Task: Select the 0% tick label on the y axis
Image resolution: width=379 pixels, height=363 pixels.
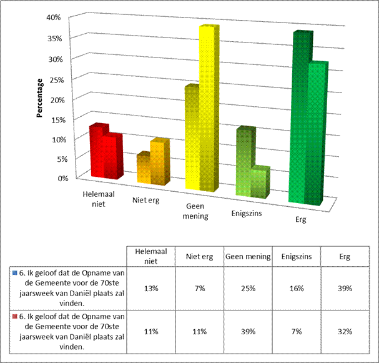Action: coord(55,178)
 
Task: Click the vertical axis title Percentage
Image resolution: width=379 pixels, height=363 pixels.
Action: coord(39,98)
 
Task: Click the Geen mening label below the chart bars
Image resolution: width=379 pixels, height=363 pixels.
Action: coord(197,212)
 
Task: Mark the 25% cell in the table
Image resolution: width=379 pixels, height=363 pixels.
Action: coord(247,288)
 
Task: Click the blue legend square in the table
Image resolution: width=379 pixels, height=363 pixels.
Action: coord(14,273)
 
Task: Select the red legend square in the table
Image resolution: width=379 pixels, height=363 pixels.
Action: coord(14,315)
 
